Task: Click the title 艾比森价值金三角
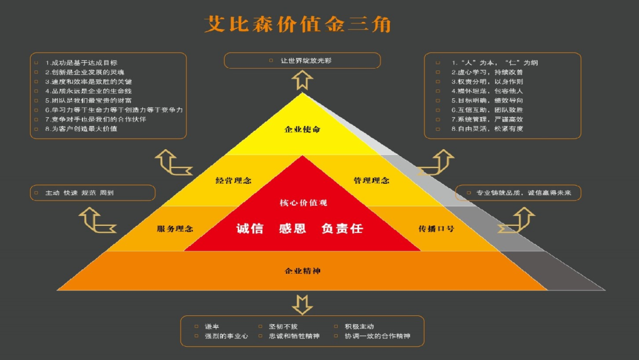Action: pos(297,24)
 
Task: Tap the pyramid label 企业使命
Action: pos(303,129)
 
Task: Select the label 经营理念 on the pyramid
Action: pos(233,180)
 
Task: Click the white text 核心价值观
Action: pos(303,203)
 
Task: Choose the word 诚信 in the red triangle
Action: pos(250,228)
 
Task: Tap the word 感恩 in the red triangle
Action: pos(292,228)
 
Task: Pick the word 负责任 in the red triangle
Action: pos(342,228)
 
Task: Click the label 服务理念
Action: pos(175,228)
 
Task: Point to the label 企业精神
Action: pos(303,271)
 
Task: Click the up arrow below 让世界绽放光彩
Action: pos(303,79)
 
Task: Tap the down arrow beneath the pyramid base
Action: pos(303,303)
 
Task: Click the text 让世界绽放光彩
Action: pos(306,60)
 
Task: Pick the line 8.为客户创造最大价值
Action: pos(81,128)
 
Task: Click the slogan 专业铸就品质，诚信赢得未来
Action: pos(523,193)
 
